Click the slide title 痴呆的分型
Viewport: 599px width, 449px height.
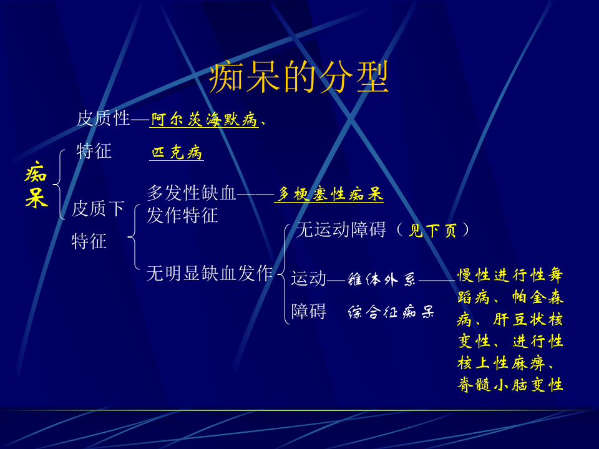tap(299, 78)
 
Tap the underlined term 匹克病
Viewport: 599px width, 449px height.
tap(177, 153)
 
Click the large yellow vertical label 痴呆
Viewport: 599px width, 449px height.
tap(36, 185)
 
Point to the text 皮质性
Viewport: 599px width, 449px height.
tap(103, 118)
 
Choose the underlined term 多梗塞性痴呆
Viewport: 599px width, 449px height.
tap(329, 195)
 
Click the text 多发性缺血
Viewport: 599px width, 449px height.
tap(192, 193)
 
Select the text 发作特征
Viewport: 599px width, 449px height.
tap(182, 216)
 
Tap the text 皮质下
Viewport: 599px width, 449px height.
tap(98, 208)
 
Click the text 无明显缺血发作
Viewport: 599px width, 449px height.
tap(209, 273)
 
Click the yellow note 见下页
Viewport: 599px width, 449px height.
tap(432, 231)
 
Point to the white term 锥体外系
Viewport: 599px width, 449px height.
tap(381, 280)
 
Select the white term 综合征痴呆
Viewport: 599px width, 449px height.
tap(391, 312)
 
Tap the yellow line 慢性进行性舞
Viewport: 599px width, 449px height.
tap(510, 275)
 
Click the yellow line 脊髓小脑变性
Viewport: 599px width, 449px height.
tap(510, 384)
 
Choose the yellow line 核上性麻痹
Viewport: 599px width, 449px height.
tap(510, 363)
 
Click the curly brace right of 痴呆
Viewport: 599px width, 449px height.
tap(59, 185)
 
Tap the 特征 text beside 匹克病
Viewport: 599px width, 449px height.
tap(94, 151)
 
